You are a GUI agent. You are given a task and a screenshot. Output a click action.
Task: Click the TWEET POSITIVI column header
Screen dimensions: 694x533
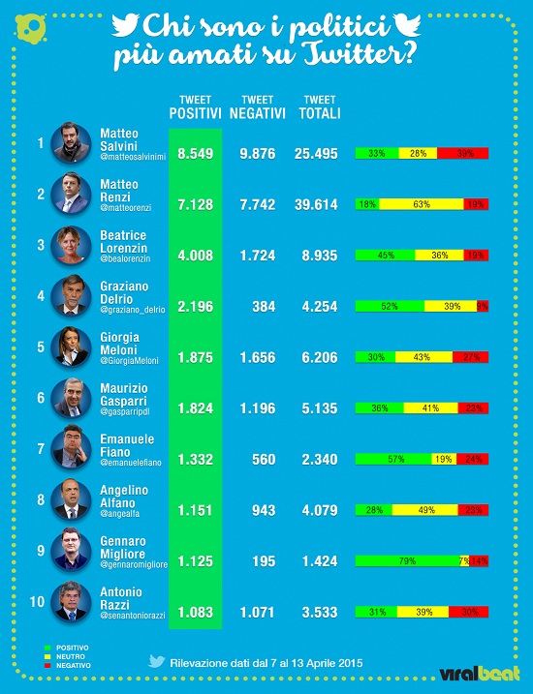[196, 106]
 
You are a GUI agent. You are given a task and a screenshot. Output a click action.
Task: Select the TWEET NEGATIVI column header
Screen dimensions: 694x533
[257, 106]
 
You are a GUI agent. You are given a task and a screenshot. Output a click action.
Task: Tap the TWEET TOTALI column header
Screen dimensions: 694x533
[319, 106]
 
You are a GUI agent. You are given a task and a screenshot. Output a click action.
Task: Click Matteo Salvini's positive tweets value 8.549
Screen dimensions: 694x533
[196, 154]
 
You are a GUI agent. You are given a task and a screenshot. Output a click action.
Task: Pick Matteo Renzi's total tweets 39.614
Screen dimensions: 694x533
[319, 204]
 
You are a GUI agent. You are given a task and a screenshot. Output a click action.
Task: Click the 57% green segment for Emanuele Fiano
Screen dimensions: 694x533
[394, 459]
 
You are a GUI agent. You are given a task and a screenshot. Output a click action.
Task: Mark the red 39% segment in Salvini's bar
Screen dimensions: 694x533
[462, 154]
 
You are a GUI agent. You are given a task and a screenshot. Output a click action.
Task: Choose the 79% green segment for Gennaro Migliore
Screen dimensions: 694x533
[408, 560]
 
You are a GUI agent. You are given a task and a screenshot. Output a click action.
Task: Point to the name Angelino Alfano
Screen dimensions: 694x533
[122, 497]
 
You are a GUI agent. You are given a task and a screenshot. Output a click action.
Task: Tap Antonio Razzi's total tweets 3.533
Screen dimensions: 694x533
[319, 612]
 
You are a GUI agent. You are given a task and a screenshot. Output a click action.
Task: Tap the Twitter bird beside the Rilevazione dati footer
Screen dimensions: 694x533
[156, 662]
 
